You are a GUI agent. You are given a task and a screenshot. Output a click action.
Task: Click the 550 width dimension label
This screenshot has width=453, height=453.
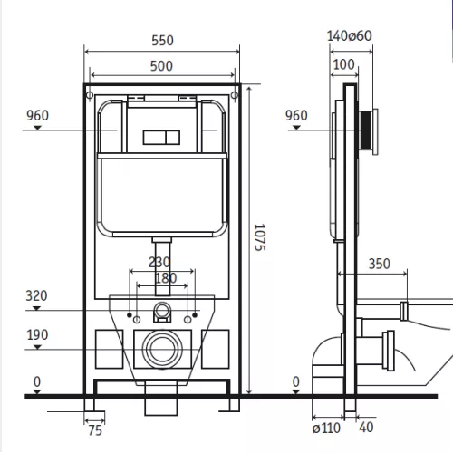162,41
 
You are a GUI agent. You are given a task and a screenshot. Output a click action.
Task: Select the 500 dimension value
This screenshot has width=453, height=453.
161,66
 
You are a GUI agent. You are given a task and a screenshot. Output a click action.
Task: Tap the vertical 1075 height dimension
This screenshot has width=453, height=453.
260,237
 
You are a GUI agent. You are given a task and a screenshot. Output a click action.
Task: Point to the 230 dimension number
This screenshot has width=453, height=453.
159,262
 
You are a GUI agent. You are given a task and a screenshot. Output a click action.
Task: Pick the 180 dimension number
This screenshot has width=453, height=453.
166,278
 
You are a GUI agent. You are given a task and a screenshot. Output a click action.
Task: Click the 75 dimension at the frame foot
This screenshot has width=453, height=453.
95,430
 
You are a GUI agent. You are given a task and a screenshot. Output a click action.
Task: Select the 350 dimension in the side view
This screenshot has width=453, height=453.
380,264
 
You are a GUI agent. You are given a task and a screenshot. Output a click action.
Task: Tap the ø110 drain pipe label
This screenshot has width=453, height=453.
326,428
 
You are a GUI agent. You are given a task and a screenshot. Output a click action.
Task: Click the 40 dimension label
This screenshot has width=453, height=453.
366,428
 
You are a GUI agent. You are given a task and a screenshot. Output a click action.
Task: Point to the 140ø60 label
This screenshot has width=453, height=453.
350,36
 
